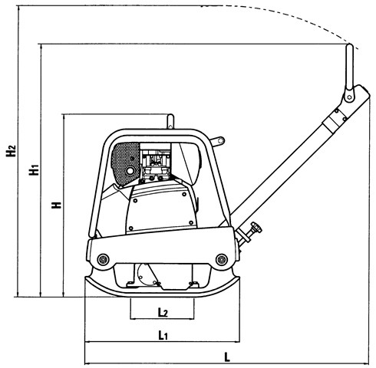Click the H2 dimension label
click(11, 151)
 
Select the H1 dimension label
click(34, 169)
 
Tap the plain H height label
click(57, 205)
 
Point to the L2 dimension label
click(163, 312)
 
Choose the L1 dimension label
click(163, 335)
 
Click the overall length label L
click(227, 357)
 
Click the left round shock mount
click(103, 260)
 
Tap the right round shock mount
click(222, 260)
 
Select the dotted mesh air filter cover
click(126, 163)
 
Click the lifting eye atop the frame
click(170, 121)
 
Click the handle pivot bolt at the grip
click(349, 97)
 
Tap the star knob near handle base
click(256, 227)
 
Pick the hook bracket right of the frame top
click(217, 141)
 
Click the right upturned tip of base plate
click(238, 278)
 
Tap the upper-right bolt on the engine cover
click(184, 195)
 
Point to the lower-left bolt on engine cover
click(131, 228)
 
